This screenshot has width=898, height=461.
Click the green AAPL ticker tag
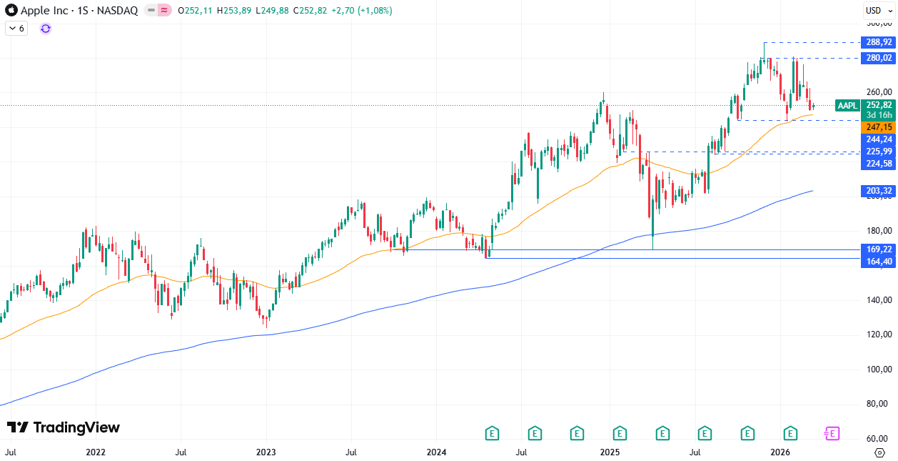(x=847, y=106)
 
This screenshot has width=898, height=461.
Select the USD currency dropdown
(x=874, y=10)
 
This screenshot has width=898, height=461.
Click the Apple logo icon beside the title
(x=11, y=11)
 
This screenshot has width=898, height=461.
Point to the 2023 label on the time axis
(x=266, y=452)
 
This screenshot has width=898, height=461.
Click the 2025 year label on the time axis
(x=609, y=452)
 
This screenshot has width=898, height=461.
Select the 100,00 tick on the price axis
(x=879, y=370)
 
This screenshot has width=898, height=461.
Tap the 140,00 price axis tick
(x=879, y=300)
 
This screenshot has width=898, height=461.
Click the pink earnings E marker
(x=832, y=433)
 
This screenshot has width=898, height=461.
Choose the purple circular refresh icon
(x=46, y=29)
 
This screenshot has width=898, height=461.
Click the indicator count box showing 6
(x=16, y=29)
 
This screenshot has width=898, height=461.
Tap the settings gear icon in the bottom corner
(x=879, y=452)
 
